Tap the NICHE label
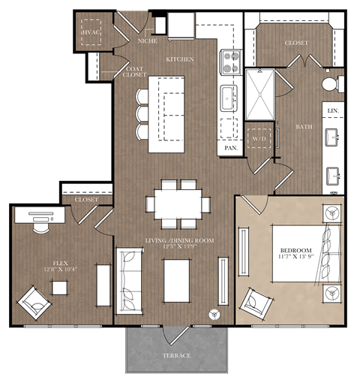coord(148,42)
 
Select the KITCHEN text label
coord(181,59)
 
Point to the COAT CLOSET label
coord(133,72)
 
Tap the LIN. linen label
coord(332,110)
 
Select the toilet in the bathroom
coord(329,83)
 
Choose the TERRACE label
coord(178,354)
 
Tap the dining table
coord(178,203)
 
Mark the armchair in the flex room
coord(34,302)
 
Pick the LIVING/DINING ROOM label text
coord(179,240)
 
